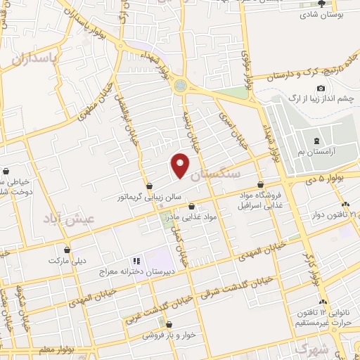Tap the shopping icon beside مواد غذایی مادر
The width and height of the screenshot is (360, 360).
(193, 207)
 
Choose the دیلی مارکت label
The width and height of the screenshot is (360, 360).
(67, 260)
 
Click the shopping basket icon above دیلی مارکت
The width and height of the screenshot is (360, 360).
(67, 249)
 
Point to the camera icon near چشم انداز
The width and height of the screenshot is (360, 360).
(321, 89)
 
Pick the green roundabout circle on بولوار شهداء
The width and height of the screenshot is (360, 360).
(181, 86)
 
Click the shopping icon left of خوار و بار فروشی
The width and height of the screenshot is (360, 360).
(163, 324)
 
